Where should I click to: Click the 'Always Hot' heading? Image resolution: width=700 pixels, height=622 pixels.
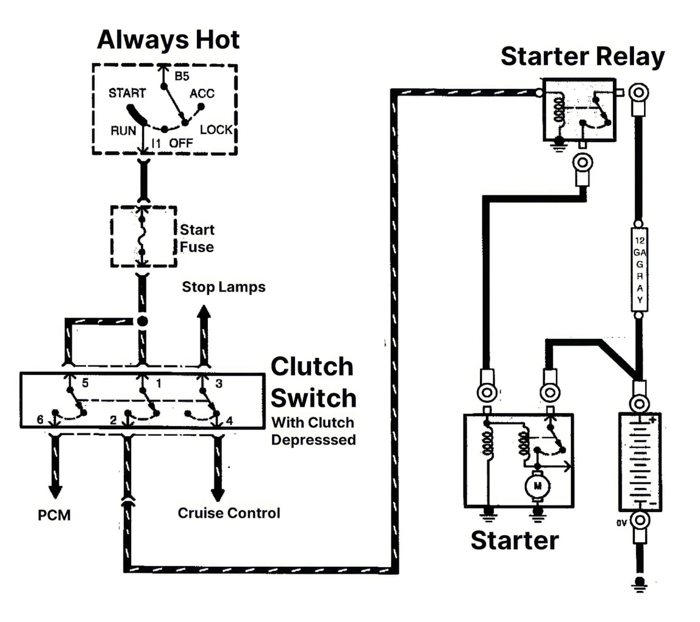[168, 40]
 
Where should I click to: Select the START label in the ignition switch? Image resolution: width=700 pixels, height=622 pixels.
[127, 93]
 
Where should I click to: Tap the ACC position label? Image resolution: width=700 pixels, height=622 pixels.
[202, 94]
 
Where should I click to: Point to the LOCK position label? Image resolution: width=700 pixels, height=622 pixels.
[216, 130]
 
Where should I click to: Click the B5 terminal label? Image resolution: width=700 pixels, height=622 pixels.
[182, 76]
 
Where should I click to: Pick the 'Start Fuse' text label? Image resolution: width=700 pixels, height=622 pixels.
[197, 238]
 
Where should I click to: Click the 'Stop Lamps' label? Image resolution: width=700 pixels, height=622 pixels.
[223, 287]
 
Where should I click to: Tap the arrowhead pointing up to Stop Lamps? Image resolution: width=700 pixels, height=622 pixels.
[204, 312]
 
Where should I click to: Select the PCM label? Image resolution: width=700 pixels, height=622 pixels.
[54, 515]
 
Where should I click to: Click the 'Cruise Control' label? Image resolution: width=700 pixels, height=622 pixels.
[229, 513]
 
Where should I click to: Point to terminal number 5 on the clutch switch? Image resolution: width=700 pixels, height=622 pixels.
[85, 383]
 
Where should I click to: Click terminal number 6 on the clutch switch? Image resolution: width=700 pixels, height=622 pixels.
[40, 419]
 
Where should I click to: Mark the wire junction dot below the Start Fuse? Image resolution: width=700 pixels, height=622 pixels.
[143, 321]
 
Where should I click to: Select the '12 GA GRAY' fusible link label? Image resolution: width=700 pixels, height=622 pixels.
[639, 270]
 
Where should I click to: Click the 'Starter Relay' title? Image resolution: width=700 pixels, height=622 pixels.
[582, 57]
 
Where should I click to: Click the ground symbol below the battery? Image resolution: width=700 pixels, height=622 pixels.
[640, 584]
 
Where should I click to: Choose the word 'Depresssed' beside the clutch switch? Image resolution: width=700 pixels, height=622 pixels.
[313, 440]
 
